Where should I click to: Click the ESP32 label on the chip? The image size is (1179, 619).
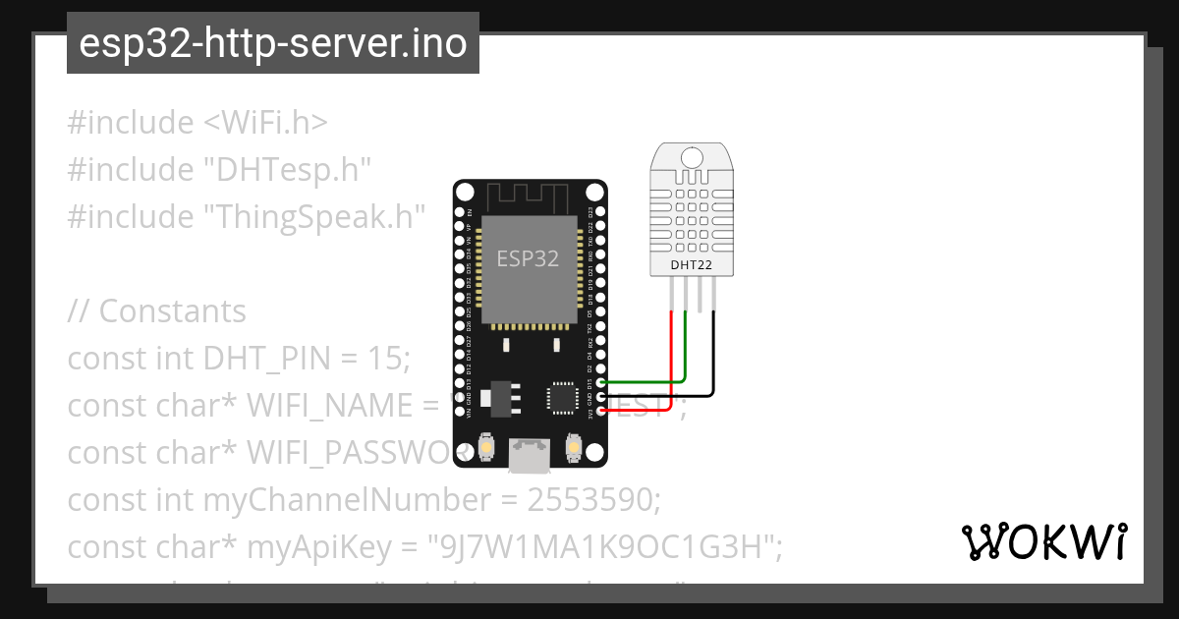528,258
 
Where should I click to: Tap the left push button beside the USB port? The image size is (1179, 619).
486,448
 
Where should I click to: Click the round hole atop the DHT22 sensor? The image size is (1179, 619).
692,156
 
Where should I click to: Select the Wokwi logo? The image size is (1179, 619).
1044,541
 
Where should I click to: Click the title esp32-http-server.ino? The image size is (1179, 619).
273,43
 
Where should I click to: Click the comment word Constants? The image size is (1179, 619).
173,310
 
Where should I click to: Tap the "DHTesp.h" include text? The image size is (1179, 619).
287,169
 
